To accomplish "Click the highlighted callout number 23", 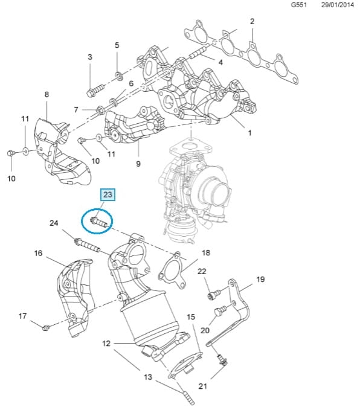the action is (x=108, y=194).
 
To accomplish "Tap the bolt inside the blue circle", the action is (x=98, y=223).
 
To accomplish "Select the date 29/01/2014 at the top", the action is (x=338, y=5).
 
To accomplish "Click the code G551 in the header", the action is (x=299, y=5).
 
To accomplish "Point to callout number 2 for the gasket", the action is (x=252, y=22).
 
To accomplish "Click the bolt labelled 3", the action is (x=95, y=90).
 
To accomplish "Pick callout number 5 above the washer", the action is (x=117, y=45).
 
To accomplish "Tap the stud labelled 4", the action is (x=198, y=53).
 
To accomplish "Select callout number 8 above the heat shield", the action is (x=47, y=94).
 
